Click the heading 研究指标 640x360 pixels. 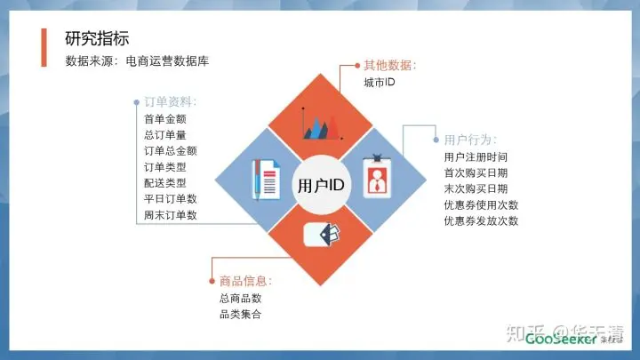pos(97,39)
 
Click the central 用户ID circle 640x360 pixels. pos(320,185)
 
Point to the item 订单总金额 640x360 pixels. pos(170,151)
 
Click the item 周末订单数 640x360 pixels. pos(170,215)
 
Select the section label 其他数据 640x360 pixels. pos(389,66)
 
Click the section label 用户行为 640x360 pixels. pos(470,140)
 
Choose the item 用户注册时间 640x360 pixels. pos(476,156)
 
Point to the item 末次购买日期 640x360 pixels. pos(476,188)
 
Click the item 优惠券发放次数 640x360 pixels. pos(481,220)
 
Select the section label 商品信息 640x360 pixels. pos(246,281)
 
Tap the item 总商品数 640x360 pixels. pos(240,299)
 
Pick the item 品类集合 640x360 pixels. pos(240,315)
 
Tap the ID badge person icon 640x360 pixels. pos(377,177)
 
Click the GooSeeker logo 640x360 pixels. pos(561,340)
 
